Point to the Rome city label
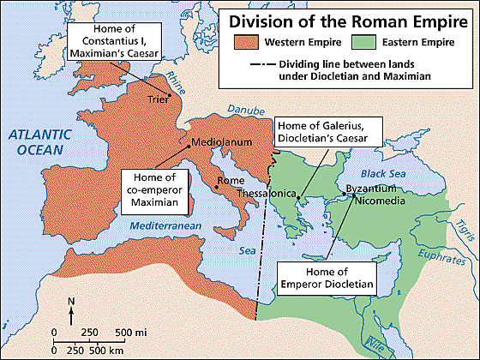(231, 181)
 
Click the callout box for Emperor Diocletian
(326, 277)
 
